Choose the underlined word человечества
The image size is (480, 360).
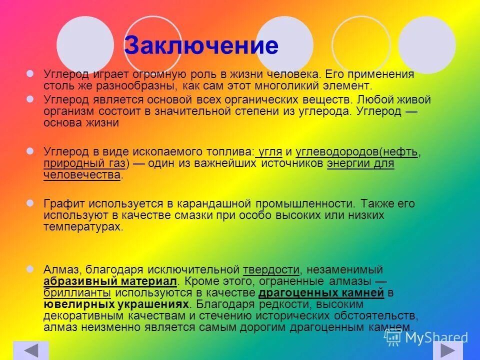point(82,175)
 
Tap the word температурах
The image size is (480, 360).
point(82,226)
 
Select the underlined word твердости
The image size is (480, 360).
point(271,269)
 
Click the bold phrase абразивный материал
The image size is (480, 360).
point(110,281)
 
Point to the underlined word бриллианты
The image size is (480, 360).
point(77,292)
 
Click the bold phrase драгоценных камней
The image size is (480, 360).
point(321,292)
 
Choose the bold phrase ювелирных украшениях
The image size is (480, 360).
point(116,304)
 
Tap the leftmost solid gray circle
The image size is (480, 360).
point(85,44)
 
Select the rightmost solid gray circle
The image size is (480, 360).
point(426,44)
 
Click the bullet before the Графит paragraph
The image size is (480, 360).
point(30,203)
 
